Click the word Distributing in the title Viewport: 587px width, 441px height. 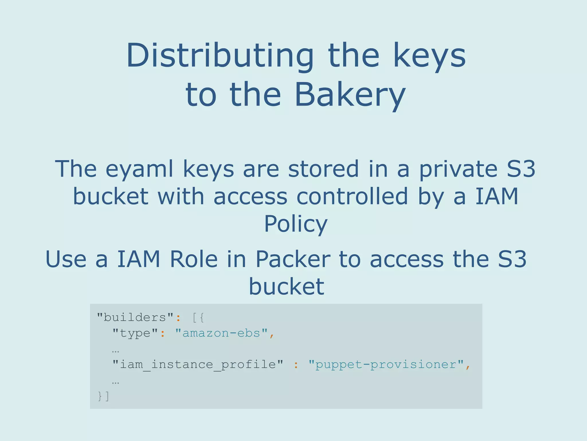(220, 55)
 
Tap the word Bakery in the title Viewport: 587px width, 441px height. (350, 95)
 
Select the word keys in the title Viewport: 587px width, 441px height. (429, 55)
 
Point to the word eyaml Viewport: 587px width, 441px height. (140, 169)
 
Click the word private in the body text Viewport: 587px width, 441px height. (458, 169)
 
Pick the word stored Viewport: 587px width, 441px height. (323, 169)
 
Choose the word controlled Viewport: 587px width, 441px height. (352, 196)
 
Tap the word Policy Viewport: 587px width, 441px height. (296, 224)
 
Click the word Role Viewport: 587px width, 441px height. (193, 259)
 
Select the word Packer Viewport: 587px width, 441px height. (293, 259)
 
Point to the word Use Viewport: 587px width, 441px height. (66, 259)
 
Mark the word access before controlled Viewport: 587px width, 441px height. (250, 196)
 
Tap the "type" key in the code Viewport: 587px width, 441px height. (135, 333)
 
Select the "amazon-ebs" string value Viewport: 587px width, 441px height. (221, 333)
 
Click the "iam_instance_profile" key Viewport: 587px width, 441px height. (197, 365)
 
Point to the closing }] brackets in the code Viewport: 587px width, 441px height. (103, 396)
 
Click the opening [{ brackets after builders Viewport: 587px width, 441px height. (198, 318)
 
